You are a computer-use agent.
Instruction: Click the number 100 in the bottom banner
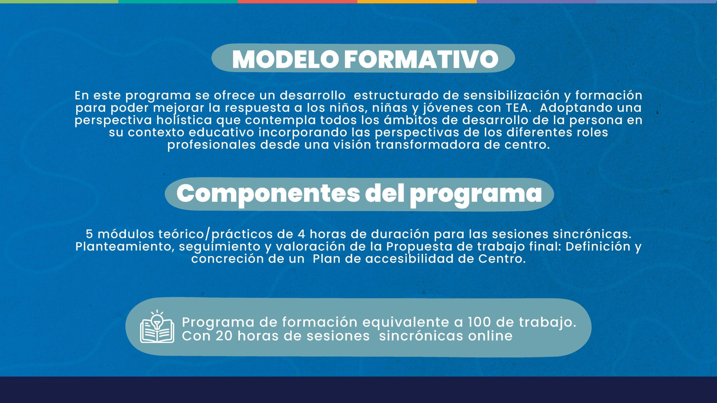tap(479, 322)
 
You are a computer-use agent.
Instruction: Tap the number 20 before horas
tap(224, 336)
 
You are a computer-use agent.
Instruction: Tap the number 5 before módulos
tap(89, 234)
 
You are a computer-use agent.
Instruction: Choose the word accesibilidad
tap(409, 259)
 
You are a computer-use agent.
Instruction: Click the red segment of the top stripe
tap(297, 2)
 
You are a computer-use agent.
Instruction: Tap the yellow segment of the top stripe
tap(417, 2)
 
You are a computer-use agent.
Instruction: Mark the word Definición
tap(598, 246)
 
